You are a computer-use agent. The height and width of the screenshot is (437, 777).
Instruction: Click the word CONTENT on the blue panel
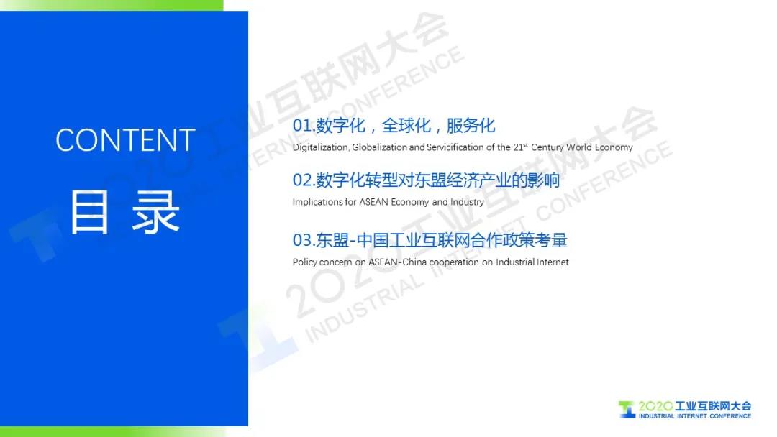[x=125, y=140]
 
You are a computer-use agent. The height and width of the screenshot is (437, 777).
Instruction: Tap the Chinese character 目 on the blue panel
[x=89, y=212]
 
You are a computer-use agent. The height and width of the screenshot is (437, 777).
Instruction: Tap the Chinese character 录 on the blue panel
[x=155, y=212]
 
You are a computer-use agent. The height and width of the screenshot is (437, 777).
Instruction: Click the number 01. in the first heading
[x=304, y=126]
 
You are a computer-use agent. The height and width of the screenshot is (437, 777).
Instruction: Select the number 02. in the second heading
[x=304, y=180]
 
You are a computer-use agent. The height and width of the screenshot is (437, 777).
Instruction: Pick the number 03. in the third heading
[x=304, y=241]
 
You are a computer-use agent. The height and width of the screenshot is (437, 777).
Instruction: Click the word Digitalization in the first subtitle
[x=321, y=147]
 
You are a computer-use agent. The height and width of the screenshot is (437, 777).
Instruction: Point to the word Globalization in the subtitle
[x=380, y=147]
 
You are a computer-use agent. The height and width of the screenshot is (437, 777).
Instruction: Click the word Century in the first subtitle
[x=547, y=147]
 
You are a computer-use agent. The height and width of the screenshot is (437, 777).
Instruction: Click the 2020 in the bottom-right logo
[x=655, y=406]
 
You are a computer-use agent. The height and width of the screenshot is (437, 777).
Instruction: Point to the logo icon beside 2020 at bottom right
[x=627, y=409]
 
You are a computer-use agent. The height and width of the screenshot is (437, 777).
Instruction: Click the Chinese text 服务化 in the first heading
[x=471, y=126]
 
